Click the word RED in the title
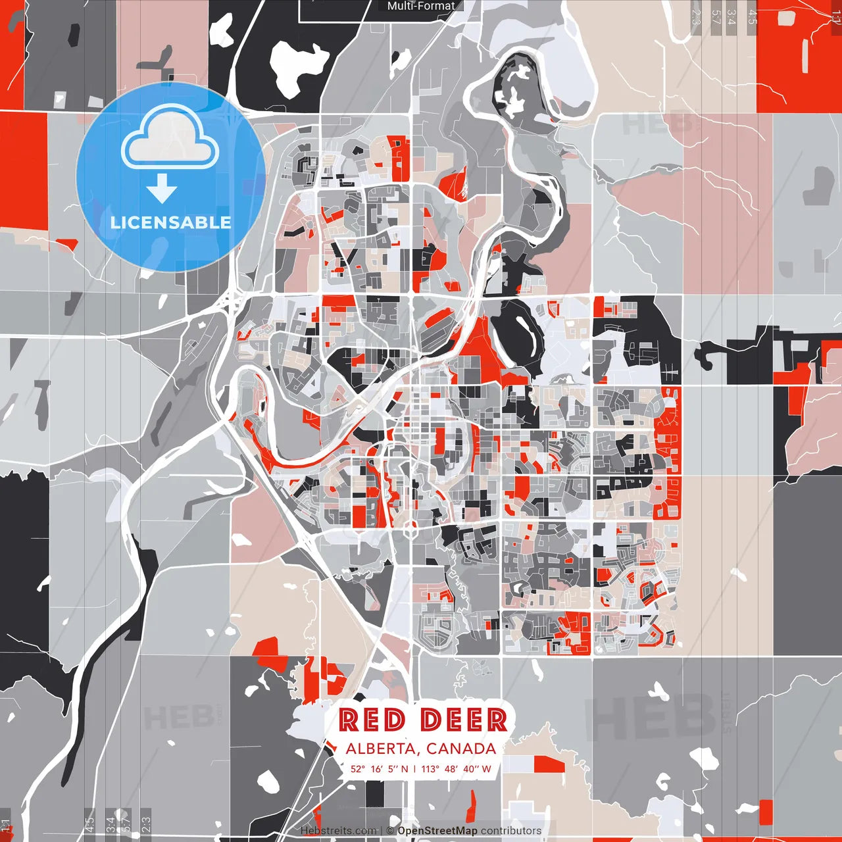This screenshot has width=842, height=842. tap(372, 720)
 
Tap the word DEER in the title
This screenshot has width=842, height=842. tap(464, 720)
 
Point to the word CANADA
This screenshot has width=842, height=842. tap(461, 749)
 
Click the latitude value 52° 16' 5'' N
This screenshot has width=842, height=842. tap(379, 768)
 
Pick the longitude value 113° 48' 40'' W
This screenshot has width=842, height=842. tap(456, 768)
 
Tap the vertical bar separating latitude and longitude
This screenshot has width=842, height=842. tap(414, 768)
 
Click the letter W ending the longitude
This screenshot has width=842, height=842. tap(487, 768)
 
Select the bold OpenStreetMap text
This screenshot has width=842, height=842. tap(437, 831)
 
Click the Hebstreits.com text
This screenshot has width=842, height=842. tap(339, 831)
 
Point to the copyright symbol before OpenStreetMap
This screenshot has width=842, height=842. tap(391, 831)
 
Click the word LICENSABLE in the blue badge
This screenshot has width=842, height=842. tap(171, 222)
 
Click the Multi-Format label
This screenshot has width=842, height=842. tap(421, 6)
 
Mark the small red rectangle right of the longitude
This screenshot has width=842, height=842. tap(549, 764)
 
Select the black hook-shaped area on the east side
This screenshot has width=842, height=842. tap(710, 355)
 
